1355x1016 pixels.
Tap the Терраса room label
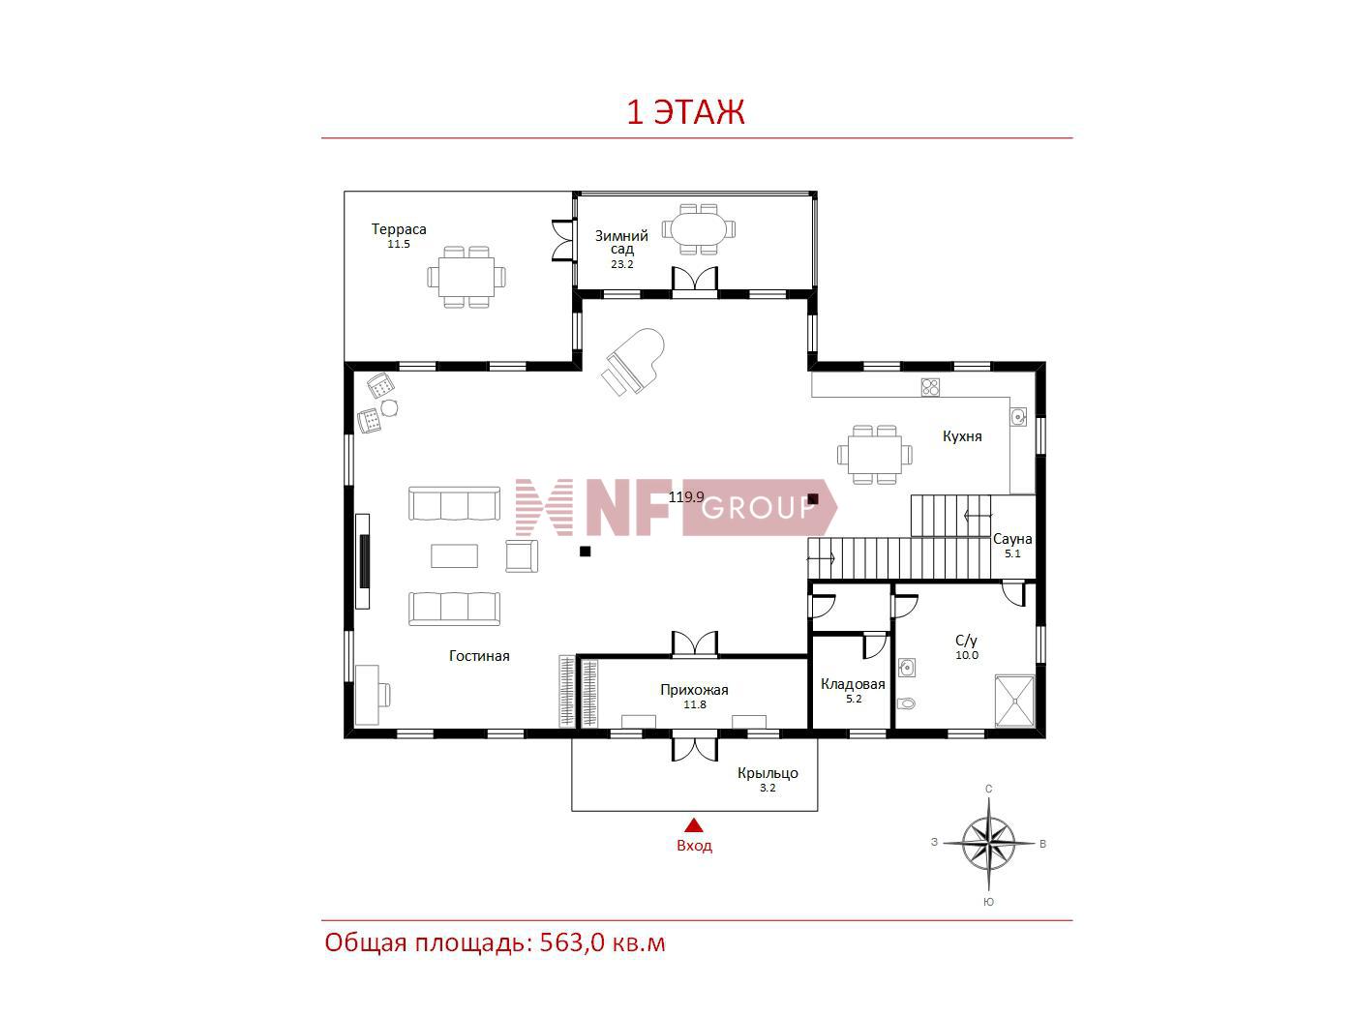pyautogui.click(x=399, y=229)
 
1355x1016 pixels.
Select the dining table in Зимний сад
pyautogui.click(x=699, y=229)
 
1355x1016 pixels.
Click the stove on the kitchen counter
pyautogui.click(x=930, y=387)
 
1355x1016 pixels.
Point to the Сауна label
pyautogui.click(x=1012, y=539)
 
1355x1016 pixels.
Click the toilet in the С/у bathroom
pyautogui.click(x=906, y=702)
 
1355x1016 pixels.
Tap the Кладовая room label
pyautogui.click(x=853, y=684)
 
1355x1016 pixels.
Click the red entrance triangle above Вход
pyautogui.click(x=695, y=825)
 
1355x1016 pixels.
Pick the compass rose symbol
pyautogui.click(x=988, y=843)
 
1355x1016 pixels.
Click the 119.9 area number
pyautogui.click(x=686, y=496)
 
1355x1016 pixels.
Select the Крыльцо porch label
pyautogui.click(x=768, y=773)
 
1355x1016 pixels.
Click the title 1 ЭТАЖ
pyautogui.click(x=685, y=112)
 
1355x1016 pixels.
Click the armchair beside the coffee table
pyautogui.click(x=522, y=555)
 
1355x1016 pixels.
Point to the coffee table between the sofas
pyautogui.click(x=454, y=555)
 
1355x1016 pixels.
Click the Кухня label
pyautogui.click(x=962, y=436)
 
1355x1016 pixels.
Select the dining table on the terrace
pyautogui.click(x=467, y=277)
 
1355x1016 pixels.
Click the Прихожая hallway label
pyautogui.click(x=694, y=690)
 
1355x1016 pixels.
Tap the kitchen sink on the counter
pyautogui.click(x=1018, y=417)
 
